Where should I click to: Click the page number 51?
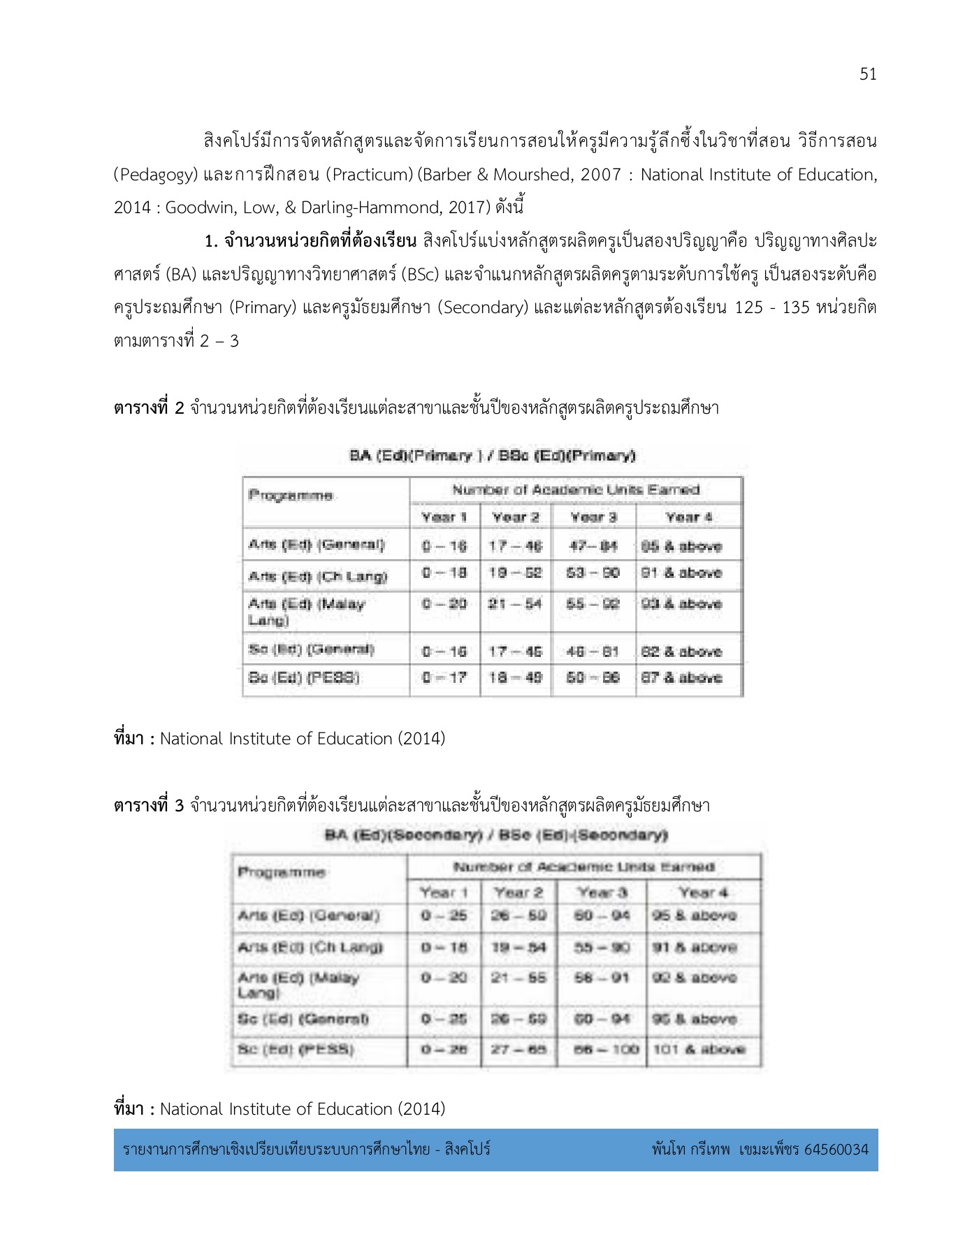point(868,74)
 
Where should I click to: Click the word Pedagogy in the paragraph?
point(157,175)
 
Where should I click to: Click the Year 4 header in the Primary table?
point(688,517)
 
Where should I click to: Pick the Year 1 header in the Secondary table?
point(444,892)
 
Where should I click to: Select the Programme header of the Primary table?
point(291,496)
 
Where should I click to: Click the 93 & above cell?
point(681,604)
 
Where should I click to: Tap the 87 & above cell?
point(681,677)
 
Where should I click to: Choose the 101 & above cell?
point(699,1049)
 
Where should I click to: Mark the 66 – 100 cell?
point(602,1049)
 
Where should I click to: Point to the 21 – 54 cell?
point(515,604)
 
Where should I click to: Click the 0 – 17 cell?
point(444,677)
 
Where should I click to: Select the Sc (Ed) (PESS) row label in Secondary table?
point(296,1049)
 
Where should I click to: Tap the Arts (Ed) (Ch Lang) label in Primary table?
point(318,577)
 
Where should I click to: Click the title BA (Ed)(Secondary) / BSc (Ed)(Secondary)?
point(496,835)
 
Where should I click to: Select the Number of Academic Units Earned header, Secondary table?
point(583,867)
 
